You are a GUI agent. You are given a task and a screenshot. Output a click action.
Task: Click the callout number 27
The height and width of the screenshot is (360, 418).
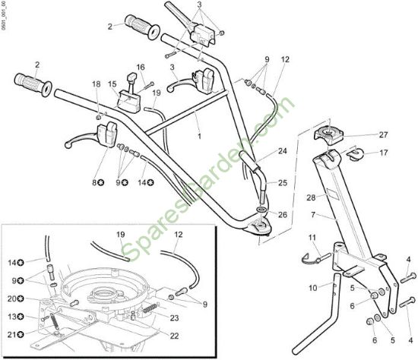tap(383, 135)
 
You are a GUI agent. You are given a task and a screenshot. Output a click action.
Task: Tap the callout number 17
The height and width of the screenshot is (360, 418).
tap(383, 153)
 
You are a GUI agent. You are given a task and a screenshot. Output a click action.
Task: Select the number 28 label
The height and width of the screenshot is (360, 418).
tap(311, 197)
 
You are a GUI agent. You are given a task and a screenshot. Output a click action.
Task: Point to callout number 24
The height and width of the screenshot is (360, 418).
tap(282, 151)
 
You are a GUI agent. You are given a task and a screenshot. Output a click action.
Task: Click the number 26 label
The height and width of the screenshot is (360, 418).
tap(282, 214)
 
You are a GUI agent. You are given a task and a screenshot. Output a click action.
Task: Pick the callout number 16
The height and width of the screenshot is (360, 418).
tap(141, 67)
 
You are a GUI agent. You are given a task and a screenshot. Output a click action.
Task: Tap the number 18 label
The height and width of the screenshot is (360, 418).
tap(97, 84)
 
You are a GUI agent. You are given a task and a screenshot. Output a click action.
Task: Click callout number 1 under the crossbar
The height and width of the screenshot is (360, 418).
tap(199, 137)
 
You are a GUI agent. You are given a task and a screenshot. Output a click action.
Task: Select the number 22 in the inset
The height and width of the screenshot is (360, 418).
tap(174, 336)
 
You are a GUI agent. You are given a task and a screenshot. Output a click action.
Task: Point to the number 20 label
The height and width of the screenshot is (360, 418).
tap(12, 298)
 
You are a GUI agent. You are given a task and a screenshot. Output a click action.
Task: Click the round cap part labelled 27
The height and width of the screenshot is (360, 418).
tap(328, 135)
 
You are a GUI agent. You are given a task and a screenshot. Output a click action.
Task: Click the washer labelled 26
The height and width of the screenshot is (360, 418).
tap(262, 209)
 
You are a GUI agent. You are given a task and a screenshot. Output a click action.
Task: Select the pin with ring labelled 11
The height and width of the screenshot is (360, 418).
tap(316, 258)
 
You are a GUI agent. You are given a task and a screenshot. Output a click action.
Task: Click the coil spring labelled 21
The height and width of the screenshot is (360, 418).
tap(54, 321)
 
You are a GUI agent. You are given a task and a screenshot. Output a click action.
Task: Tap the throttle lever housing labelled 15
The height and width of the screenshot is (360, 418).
tap(128, 99)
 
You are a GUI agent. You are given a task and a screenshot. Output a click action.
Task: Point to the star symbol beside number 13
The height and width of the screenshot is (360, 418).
tap(21, 317)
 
